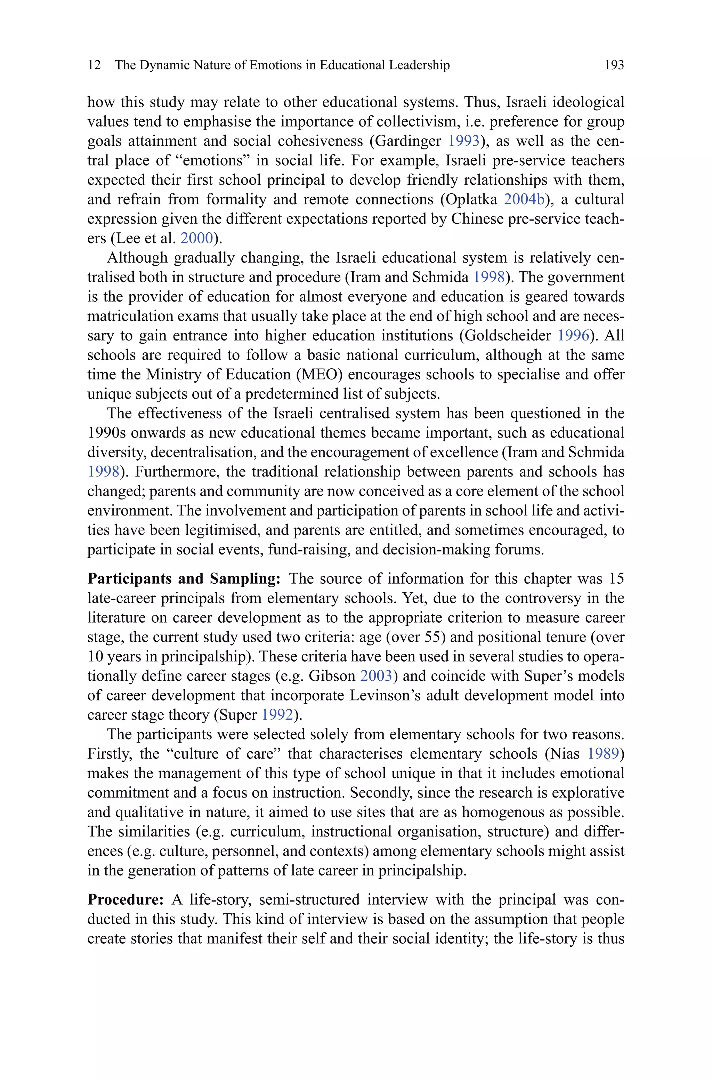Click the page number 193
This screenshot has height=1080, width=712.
pos(614,65)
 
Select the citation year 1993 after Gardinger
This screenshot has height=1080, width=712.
pos(464,141)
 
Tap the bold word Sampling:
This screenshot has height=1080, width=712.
pos(245,578)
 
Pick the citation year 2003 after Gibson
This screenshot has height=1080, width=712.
pos(376,676)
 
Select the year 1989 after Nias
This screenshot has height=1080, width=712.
pos(604,754)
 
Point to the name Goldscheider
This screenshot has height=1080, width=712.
pos(507,336)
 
